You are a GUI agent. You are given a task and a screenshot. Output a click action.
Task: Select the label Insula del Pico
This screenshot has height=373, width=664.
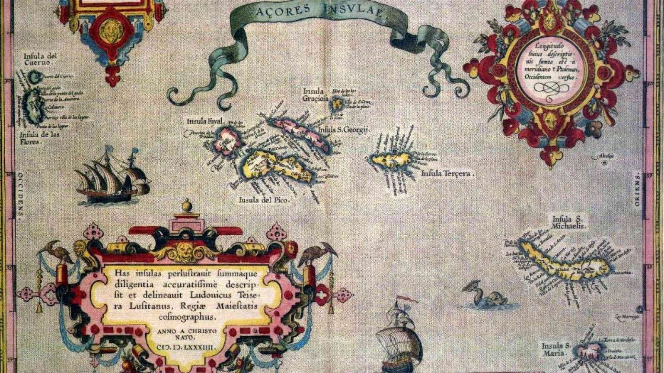tap(263, 200)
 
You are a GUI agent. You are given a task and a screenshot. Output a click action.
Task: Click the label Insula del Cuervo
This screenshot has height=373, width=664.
tap(41, 59)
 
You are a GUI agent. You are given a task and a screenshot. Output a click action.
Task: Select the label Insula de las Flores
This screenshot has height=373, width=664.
tap(39, 137)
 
